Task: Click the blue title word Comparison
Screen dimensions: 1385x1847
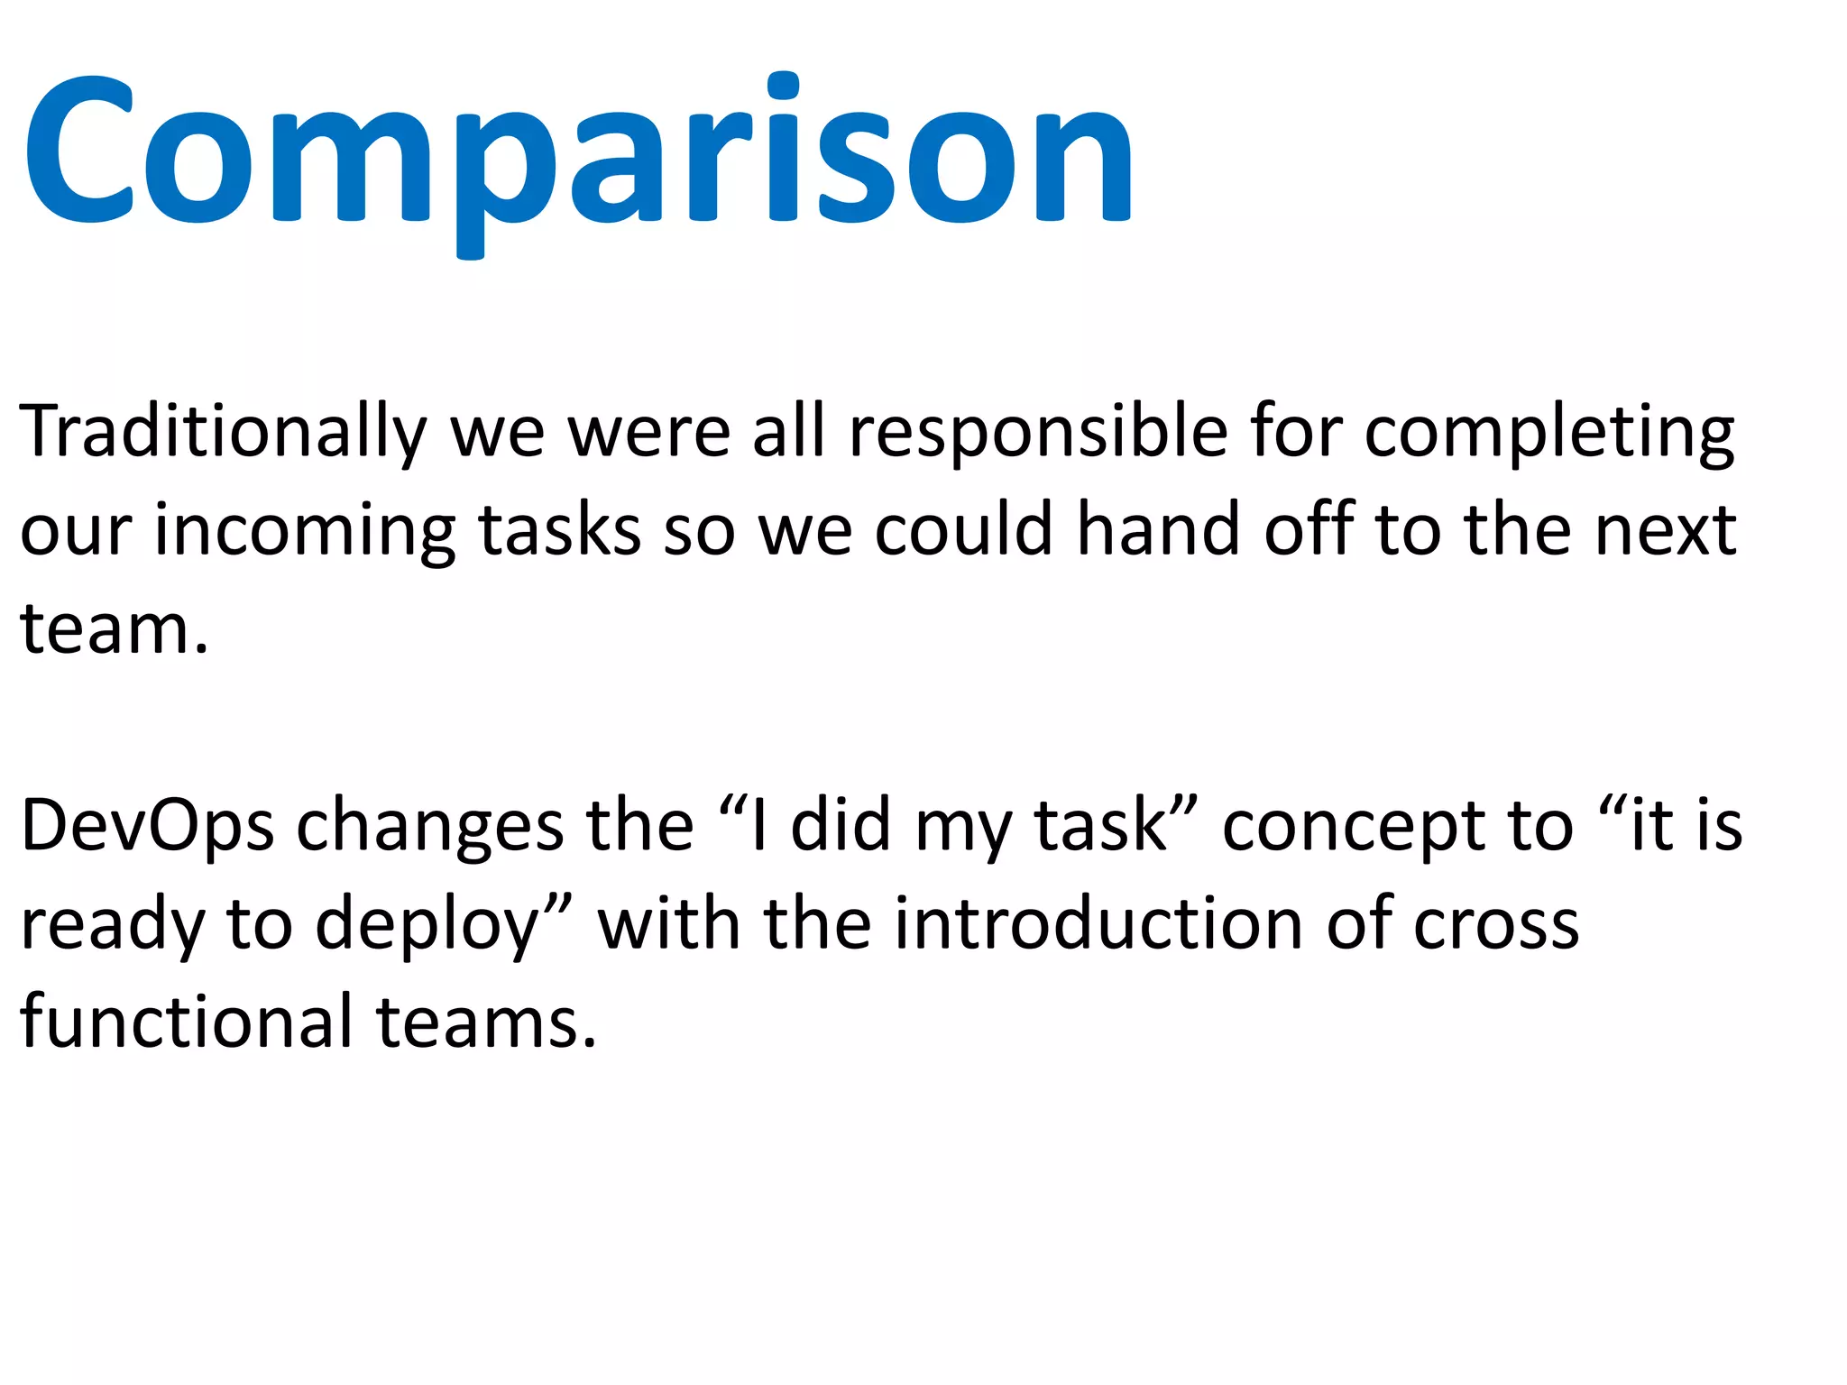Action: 577,153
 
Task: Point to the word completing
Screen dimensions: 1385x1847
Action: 1548,433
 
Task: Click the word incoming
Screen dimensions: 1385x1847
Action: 305,532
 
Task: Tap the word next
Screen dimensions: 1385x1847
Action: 1666,532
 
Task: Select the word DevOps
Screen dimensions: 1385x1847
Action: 147,828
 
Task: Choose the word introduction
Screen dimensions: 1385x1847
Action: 1098,925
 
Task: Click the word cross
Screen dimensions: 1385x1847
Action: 1496,927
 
